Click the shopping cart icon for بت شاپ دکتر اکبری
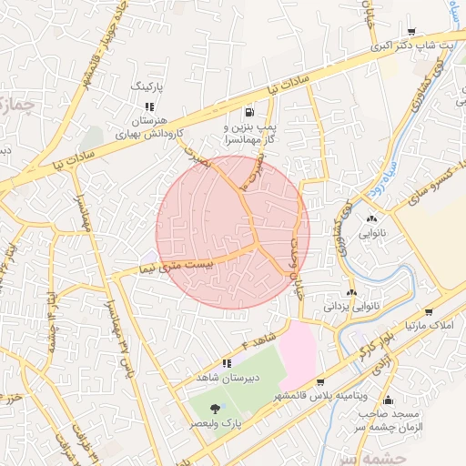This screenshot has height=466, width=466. (x=410, y=31)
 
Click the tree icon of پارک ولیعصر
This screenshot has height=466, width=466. (x=215, y=410)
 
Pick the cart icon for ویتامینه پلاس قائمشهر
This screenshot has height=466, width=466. (x=320, y=382)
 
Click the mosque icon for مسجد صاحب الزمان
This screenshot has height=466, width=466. (x=389, y=400)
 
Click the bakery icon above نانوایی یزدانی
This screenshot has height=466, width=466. (x=351, y=293)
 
